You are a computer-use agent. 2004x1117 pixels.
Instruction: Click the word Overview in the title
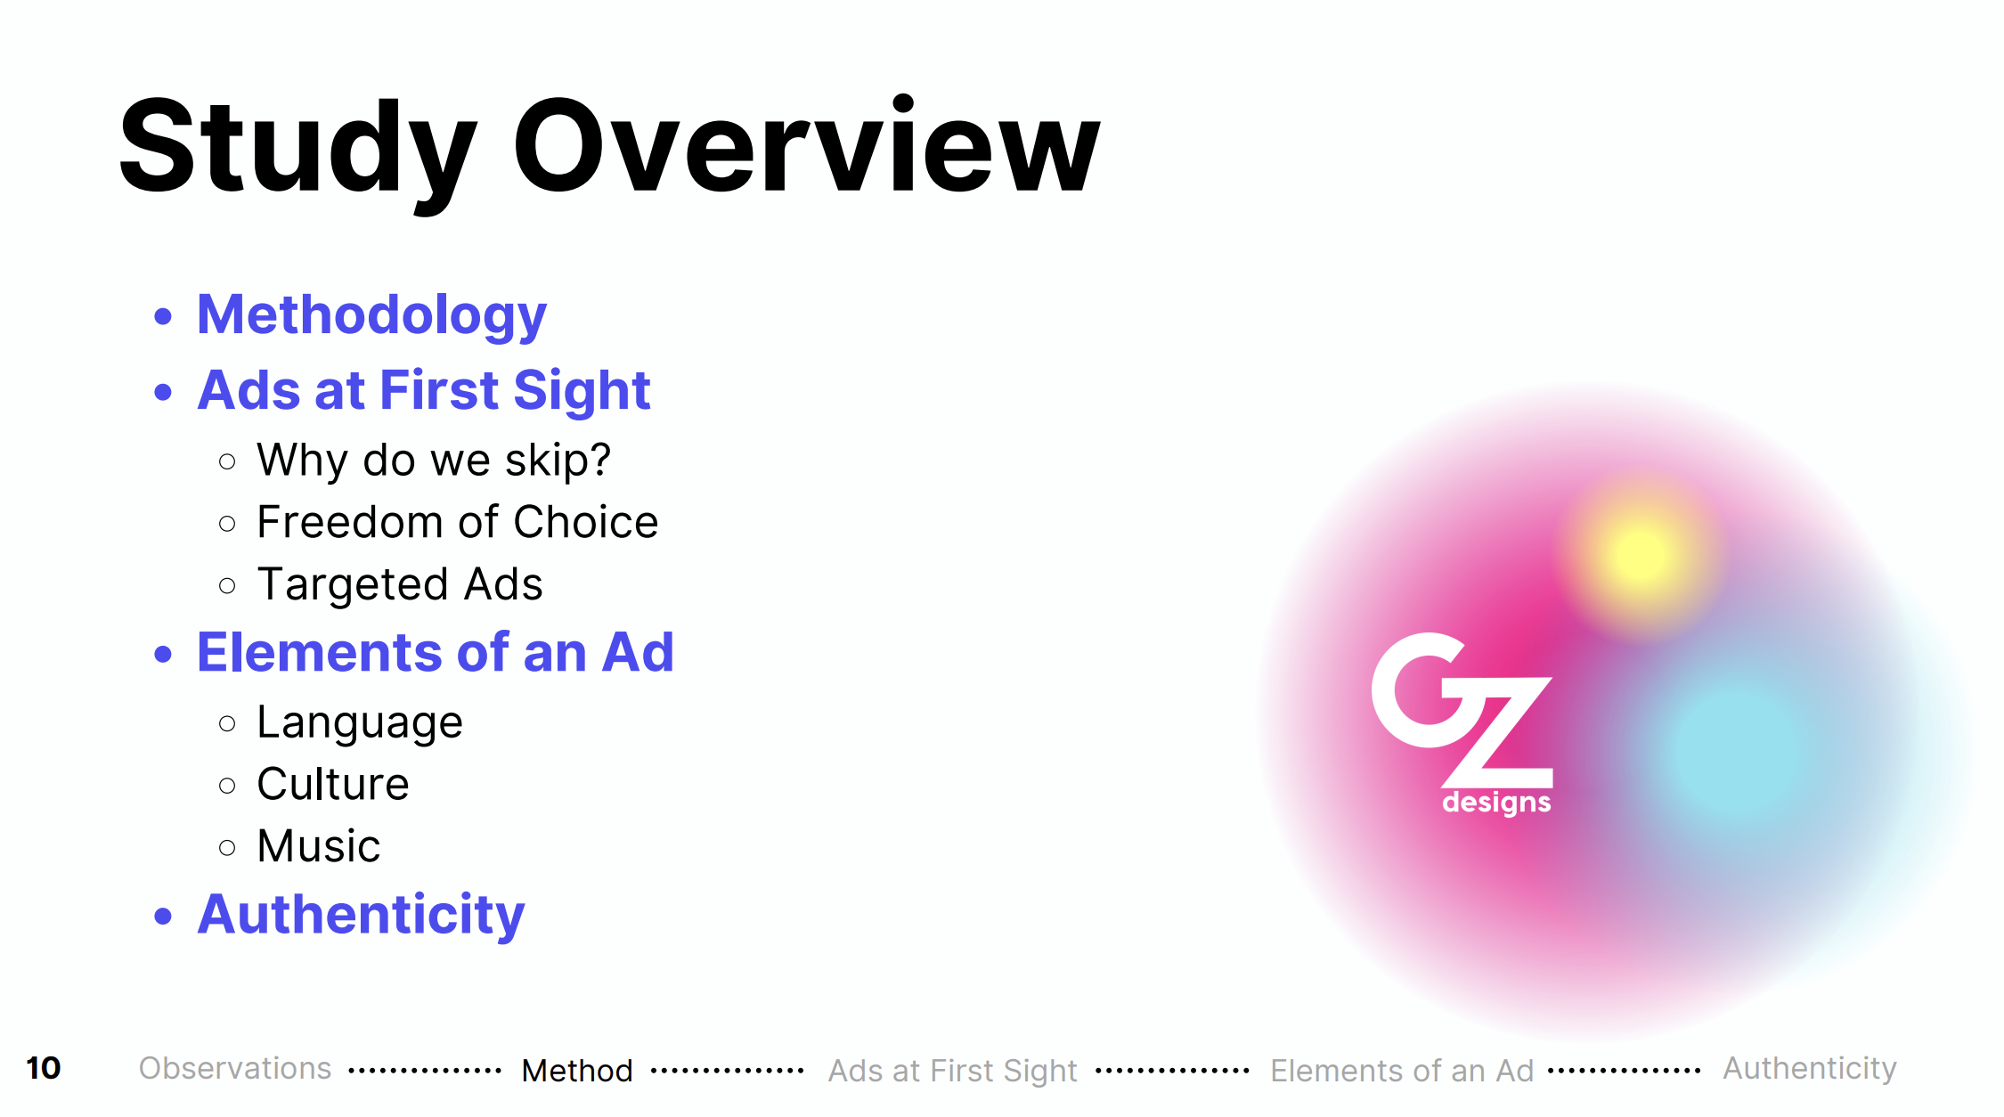pos(807,144)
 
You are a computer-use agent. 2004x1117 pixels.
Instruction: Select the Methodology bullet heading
pos(371,317)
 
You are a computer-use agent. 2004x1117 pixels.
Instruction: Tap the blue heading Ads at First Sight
pos(424,392)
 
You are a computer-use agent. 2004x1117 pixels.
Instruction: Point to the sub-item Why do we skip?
pos(434,461)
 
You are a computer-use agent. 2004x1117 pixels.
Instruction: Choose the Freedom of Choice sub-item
pos(458,522)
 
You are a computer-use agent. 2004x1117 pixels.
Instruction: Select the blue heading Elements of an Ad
pos(436,652)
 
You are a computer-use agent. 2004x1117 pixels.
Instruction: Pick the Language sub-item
pos(360,723)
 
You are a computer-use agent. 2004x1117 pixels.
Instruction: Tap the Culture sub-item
pos(333,784)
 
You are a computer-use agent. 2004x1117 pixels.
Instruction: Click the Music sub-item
pos(319,846)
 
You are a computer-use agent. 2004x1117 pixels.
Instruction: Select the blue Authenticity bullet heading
pos(362,916)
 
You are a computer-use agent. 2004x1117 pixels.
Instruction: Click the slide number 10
pos(43,1068)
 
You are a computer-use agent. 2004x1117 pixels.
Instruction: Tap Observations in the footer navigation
pos(235,1068)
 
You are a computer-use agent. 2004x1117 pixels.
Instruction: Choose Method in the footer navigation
pos(577,1070)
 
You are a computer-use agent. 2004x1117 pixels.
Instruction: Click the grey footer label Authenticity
pos(1810,1069)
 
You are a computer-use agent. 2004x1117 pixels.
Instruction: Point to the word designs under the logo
pos(1496,803)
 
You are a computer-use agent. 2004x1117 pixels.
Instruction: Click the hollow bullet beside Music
pos(227,847)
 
